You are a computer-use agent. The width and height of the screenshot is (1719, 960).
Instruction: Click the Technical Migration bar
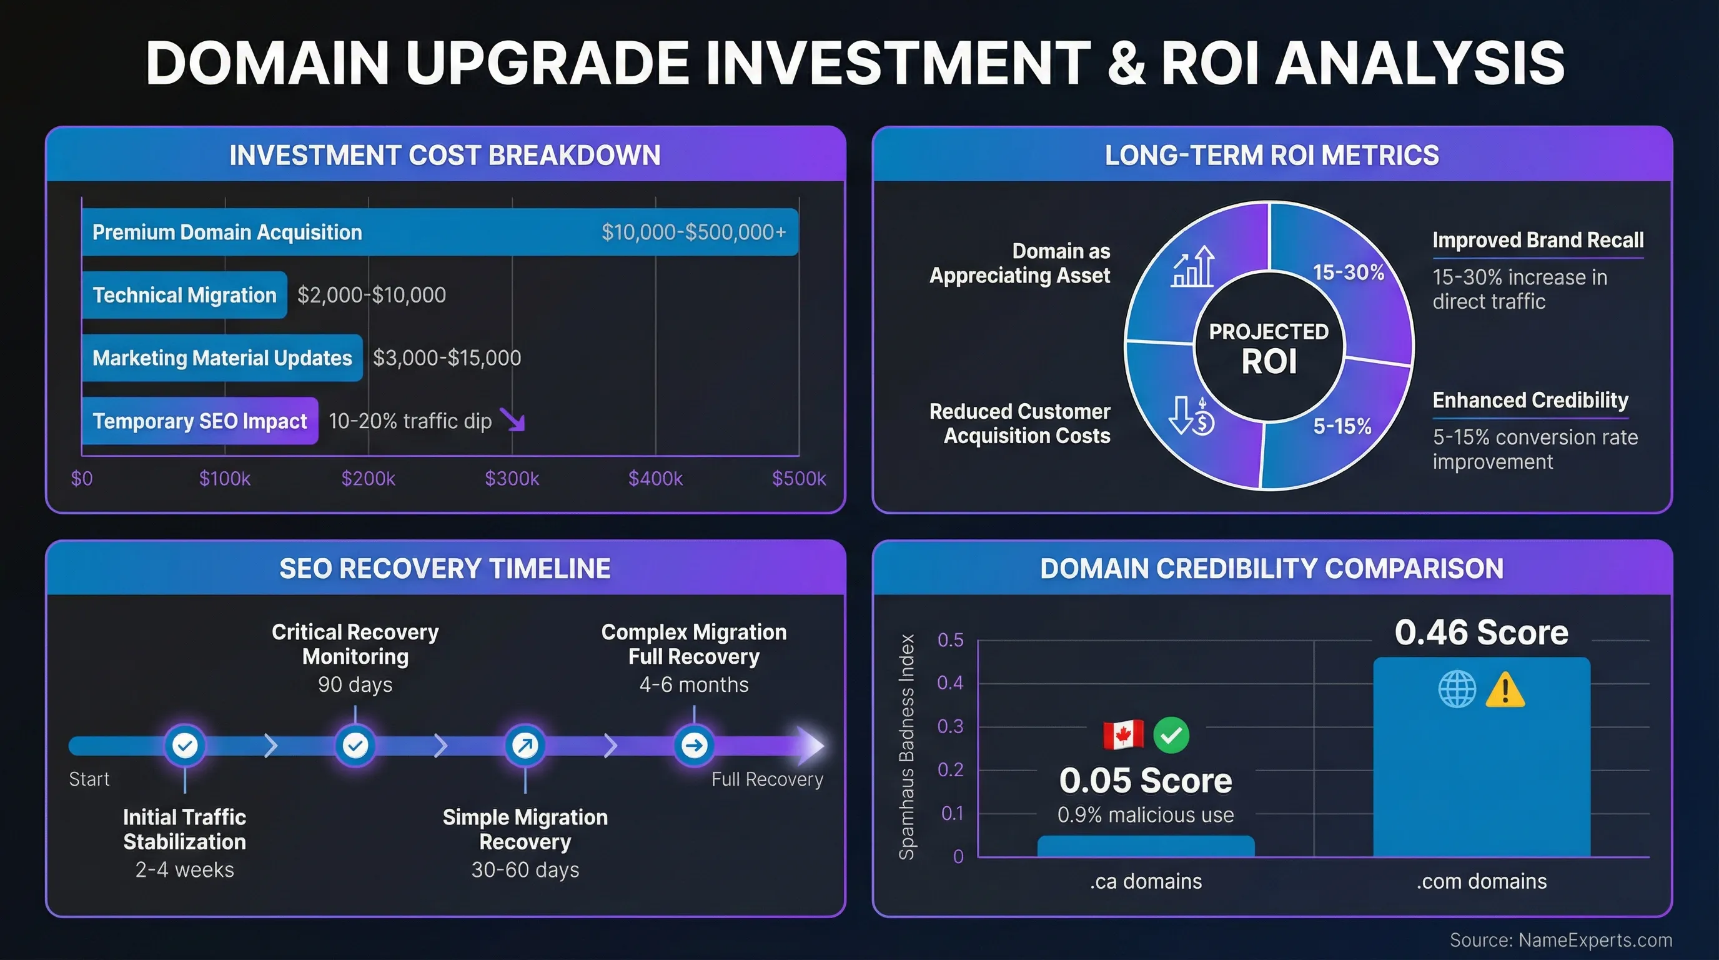coord(184,294)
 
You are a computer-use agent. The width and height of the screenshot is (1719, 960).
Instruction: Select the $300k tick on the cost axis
coord(512,478)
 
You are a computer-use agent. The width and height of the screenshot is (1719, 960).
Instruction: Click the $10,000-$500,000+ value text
coord(693,232)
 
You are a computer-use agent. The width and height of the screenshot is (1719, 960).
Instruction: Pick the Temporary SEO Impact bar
coord(199,421)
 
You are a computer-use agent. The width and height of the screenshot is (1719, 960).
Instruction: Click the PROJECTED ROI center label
coord(1269,347)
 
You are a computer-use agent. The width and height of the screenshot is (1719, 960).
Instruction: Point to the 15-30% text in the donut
coord(1348,272)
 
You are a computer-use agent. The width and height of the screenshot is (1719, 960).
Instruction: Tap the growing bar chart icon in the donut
coord(1193,267)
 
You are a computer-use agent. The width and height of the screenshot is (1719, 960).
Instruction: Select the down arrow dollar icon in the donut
coord(1192,415)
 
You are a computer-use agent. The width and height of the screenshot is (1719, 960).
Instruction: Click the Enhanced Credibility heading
coord(1530,400)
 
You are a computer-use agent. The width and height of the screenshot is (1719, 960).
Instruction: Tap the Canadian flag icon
coord(1123,735)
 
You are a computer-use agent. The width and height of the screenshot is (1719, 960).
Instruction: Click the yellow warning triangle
coord(1505,690)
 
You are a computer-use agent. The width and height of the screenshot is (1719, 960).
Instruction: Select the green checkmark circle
coord(1171,735)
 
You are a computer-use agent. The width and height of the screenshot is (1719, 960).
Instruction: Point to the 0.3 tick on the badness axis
coord(950,726)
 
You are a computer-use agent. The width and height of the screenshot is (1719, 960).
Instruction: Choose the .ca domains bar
coord(1146,846)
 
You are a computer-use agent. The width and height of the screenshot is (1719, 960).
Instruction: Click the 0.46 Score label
coord(1482,632)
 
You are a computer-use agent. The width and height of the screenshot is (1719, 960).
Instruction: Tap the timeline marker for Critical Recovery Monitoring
coord(355,745)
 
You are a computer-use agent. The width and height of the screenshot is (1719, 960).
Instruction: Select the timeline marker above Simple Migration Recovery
coord(525,745)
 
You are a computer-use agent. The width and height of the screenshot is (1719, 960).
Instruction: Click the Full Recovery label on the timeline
coord(767,779)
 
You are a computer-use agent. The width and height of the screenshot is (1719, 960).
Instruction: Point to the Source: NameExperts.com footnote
coord(1561,940)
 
